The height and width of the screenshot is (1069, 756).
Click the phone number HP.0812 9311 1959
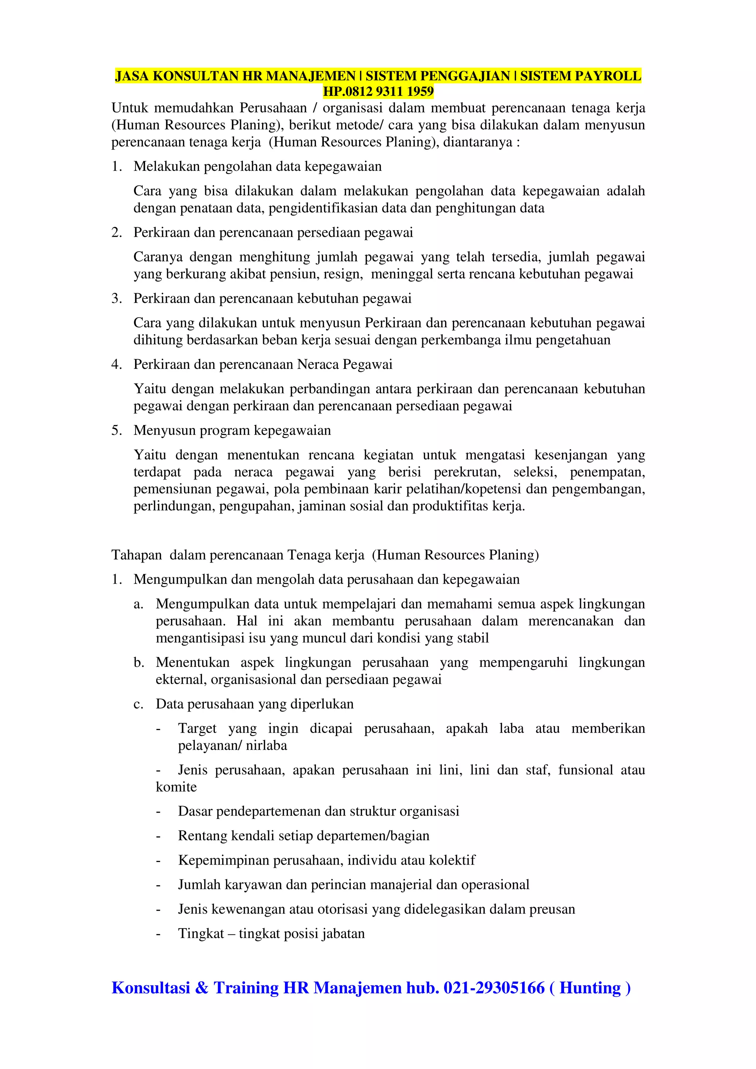coord(378,91)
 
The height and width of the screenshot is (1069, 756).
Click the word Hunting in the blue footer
coord(590,987)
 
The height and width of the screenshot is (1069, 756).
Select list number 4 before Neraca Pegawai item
coord(116,364)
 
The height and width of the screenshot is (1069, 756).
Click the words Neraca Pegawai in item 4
coord(345,364)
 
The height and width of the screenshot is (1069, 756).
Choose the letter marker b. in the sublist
coord(138,662)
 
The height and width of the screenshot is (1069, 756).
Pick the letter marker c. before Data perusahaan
coord(138,704)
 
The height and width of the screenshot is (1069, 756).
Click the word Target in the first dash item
coord(197,729)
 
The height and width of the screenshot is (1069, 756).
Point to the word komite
coord(176,787)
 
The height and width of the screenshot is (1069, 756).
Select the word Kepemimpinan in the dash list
coord(224,861)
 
